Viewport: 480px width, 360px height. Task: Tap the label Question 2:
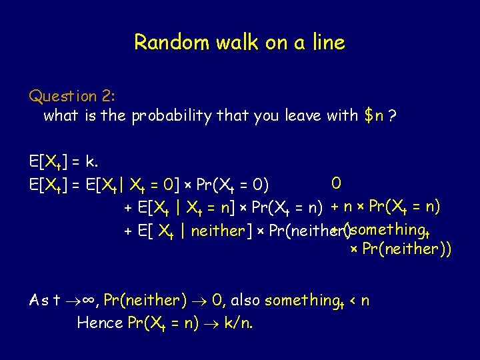point(71,96)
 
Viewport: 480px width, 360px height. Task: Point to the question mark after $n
point(393,115)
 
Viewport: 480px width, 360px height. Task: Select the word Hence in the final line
point(100,323)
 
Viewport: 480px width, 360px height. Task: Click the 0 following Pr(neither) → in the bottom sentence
point(217,301)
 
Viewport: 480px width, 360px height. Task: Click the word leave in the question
point(303,115)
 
